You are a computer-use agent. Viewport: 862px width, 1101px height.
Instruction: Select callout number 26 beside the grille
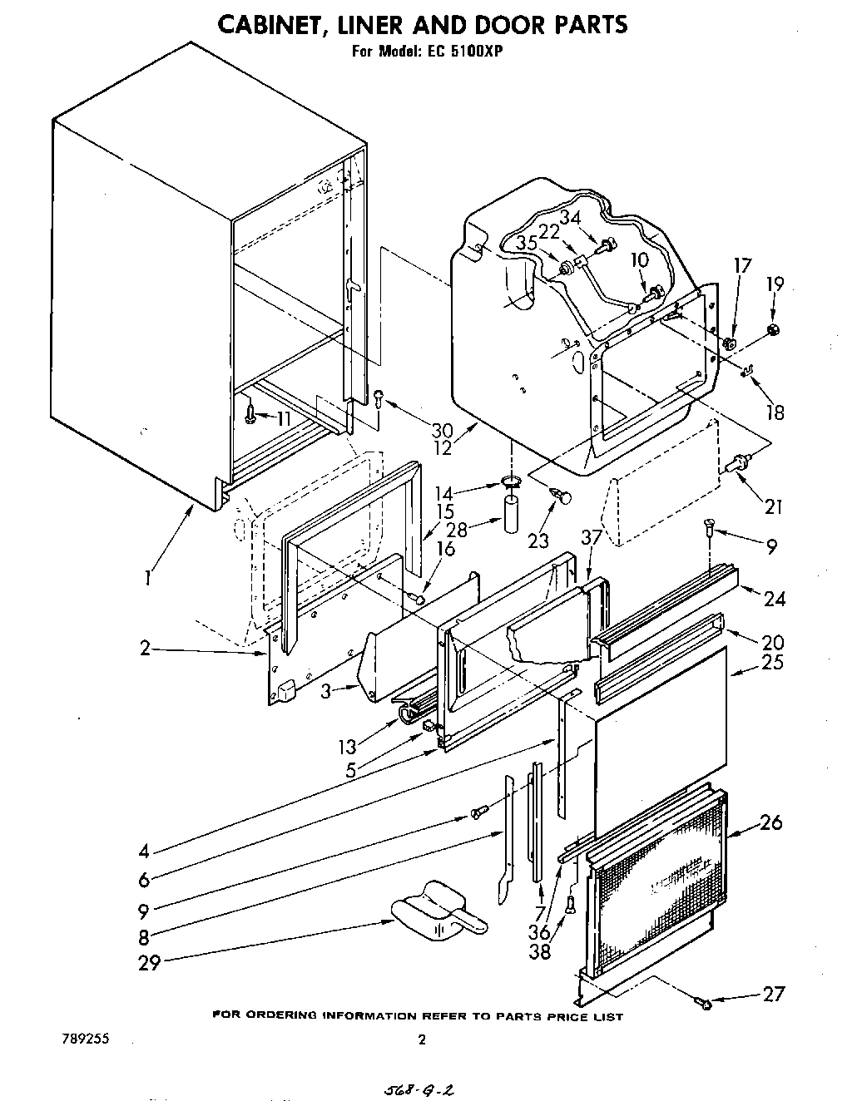770,822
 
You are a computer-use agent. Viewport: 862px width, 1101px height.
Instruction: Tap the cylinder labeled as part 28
511,516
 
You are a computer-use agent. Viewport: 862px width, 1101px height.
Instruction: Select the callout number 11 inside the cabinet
283,418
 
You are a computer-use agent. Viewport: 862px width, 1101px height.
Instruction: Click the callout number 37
591,538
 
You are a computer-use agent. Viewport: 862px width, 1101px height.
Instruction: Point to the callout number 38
540,952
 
